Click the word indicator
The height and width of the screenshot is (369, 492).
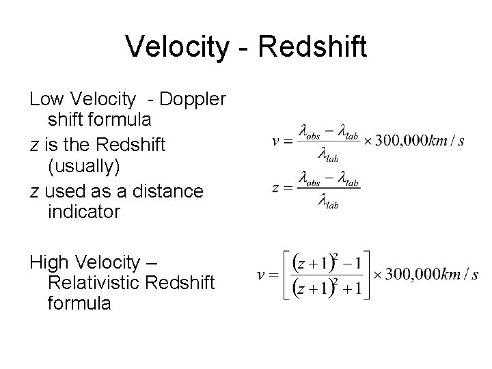click(x=84, y=212)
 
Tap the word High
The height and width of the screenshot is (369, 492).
click(x=50, y=261)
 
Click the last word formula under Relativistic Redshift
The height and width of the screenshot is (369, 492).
click(x=79, y=303)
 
